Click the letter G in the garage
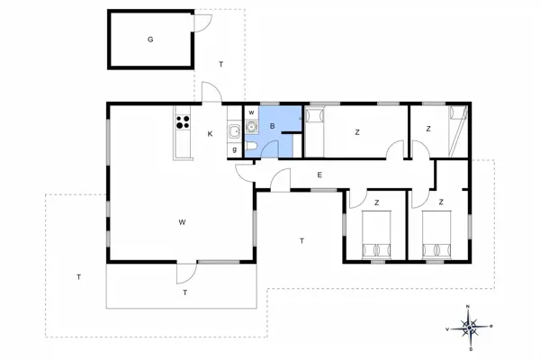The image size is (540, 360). coord(150,40)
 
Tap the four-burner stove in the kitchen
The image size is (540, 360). coord(183,122)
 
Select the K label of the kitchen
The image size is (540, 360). coord(210,134)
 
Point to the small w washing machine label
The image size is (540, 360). coord(252,113)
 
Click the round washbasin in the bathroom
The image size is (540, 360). coord(252,129)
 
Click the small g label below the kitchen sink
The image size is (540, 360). coord(234,149)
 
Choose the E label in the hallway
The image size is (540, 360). coord(319,175)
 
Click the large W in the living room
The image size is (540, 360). coord(182,220)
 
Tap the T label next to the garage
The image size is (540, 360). coord(221,64)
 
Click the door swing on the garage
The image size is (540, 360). coord(205,23)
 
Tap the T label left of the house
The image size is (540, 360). coord(79,276)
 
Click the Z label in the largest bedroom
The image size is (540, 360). coord(356,132)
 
